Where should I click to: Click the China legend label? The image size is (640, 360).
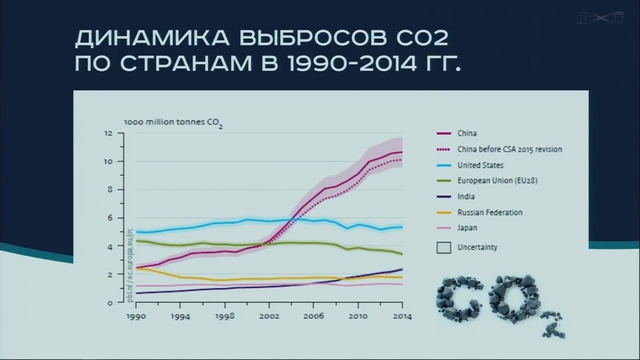[x=467, y=133]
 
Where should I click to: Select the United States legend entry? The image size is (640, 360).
[x=480, y=165]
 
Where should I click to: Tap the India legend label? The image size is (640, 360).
[x=466, y=196]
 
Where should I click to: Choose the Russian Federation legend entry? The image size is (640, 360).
[x=489, y=212]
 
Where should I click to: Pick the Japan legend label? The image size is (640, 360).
[x=467, y=228]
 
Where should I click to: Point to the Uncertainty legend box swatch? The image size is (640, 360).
[x=443, y=247]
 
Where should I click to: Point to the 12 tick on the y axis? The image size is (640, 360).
[x=107, y=133]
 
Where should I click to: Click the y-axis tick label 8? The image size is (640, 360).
[x=109, y=189]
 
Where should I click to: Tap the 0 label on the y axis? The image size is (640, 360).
[x=109, y=302]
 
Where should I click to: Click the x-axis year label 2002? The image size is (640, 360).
[x=268, y=316]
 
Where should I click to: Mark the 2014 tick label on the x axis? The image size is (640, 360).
[x=402, y=316]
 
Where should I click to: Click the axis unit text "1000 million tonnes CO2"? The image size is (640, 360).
[x=173, y=122]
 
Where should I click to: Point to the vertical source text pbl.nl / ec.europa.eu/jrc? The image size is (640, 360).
[x=130, y=265]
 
